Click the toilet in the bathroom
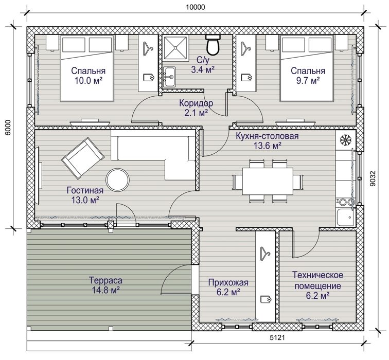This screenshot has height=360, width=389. point(213,45)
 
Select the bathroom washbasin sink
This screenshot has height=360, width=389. point(169,77)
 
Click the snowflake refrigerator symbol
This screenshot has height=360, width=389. point(344,140)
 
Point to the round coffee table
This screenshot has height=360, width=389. point(118,180)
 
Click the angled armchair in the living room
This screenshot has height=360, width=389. point(83,158)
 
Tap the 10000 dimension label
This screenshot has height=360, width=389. point(196,7)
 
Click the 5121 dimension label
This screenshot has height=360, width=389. point(277,337)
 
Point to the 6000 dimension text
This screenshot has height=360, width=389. point(8,128)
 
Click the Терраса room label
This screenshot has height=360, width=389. point(105,280)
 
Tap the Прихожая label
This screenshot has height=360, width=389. point(228,282)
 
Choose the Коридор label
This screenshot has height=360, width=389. point(196,103)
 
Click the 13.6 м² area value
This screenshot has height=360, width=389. point(268,146)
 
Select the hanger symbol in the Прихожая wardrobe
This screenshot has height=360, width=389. point(265,254)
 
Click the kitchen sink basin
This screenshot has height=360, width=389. point(345,217)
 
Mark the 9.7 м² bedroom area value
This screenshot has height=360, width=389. point(308,81)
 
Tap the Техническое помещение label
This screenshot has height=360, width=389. point(317,280)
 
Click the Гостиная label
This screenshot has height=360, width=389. point(85,190)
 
